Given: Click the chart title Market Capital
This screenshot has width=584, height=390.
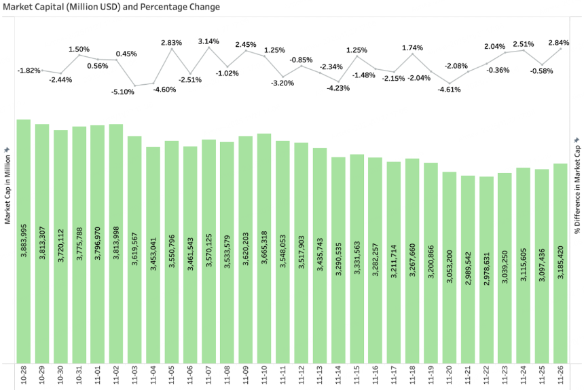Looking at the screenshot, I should click(x=111, y=7).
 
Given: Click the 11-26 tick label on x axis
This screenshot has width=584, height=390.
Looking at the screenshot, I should click(x=561, y=375).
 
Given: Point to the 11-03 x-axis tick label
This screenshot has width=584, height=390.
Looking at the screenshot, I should click(x=134, y=375).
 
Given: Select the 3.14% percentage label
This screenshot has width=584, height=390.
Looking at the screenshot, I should click(x=208, y=41).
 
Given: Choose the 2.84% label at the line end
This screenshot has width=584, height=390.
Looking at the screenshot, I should click(x=559, y=43).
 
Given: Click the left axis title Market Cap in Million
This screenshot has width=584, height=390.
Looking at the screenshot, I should click(x=7, y=184).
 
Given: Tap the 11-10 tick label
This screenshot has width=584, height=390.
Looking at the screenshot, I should click(x=264, y=375).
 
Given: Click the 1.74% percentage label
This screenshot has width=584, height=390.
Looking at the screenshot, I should click(x=412, y=48).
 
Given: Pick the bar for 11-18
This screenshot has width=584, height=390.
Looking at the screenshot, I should click(x=412, y=260).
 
